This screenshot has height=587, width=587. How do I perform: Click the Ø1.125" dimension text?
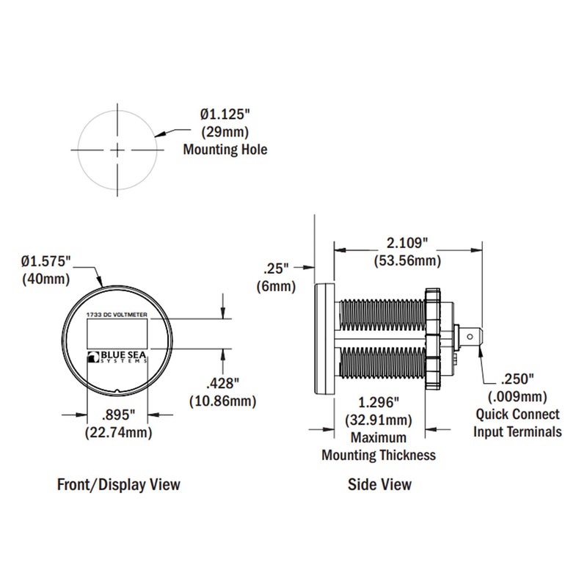tap(225, 115)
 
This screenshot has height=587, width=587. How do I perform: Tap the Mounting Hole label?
tap(225, 150)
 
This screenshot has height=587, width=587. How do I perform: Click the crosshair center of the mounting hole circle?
tap(117, 150)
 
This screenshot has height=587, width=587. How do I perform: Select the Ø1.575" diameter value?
tap(45, 261)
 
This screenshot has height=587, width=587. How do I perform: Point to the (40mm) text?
tap(45, 279)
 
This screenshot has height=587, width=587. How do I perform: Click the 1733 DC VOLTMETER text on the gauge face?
tap(117, 314)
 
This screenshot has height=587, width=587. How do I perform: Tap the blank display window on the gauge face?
tap(117, 336)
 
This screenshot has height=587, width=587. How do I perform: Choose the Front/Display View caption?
tap(118, 484)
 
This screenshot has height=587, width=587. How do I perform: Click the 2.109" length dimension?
tap(407, 243)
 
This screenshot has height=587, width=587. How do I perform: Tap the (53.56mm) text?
tap(407, 260)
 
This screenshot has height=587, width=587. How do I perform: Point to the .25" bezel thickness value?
tap(276, 269)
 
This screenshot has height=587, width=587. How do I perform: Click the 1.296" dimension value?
tap(379, 403)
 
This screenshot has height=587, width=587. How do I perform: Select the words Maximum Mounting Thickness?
tap(379, 446)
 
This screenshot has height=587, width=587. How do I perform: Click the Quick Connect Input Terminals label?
tap(517, 423)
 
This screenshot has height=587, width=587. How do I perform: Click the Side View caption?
tap(379, 484)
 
